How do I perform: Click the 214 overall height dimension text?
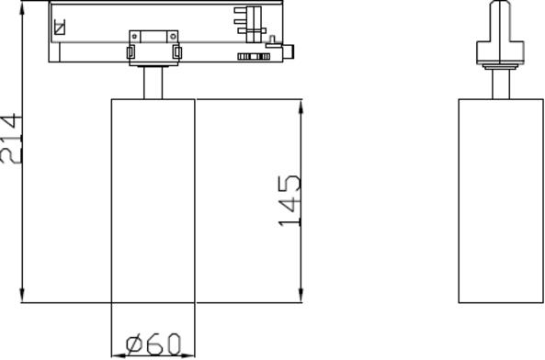(x=10, y=138)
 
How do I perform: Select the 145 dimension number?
(x=290, y=201)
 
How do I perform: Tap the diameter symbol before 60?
(x=135, y=344)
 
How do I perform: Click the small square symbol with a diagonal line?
(x=60, y=27)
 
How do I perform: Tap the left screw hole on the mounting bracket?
(x=135, y=37)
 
